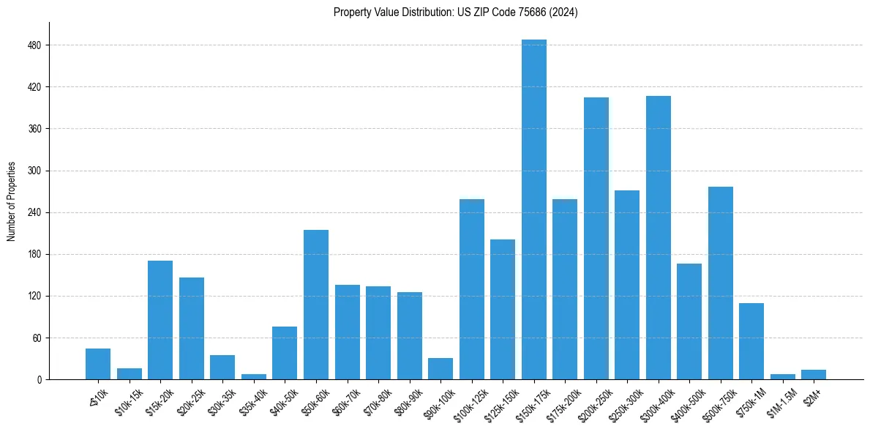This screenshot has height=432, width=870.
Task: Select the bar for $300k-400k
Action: pyautogui.click(x=658, y=238)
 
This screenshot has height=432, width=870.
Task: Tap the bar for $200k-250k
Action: pyautogui.click(x=596, y=239)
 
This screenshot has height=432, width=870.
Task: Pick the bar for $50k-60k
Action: pyautogui.click(x=315, y=305)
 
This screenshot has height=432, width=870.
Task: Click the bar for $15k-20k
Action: pyautogui.click(x=160, y=320)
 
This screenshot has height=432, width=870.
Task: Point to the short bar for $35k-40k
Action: pyautogui.click(x=253, y=376)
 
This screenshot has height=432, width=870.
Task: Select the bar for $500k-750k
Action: pyautogui.click(x=720, y=283)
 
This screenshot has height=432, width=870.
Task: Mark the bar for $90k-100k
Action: pyautogui.click(x=440, y=369)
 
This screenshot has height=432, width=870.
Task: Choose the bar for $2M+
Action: pyautogui.click(x=813, y=375)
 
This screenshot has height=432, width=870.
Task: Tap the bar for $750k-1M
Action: pyautogui.click(x=751, y=341)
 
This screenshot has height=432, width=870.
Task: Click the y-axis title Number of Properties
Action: pyautogui.click(x=12, y=201)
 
